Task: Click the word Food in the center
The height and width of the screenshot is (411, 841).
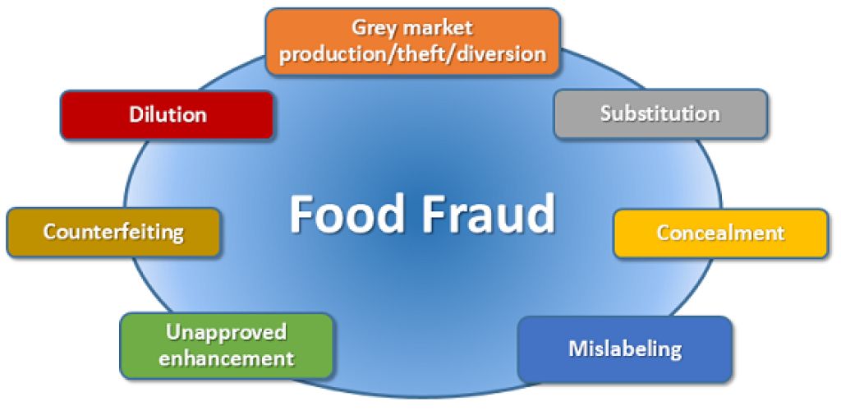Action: click(342, 215)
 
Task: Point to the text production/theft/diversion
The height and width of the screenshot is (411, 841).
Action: click(413, 54)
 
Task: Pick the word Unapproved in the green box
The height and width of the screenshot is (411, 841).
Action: click(226, 333)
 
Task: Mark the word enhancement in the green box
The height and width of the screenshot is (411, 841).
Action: click(226, 358)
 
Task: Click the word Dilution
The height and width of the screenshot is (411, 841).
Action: click(168, 114)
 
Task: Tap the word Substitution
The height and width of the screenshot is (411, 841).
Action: click(659, 113)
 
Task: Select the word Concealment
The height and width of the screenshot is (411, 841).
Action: click(720, 233)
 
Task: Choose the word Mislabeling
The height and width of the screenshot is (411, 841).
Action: click(624, 349)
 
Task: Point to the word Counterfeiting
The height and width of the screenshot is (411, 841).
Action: click(113, 232)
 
